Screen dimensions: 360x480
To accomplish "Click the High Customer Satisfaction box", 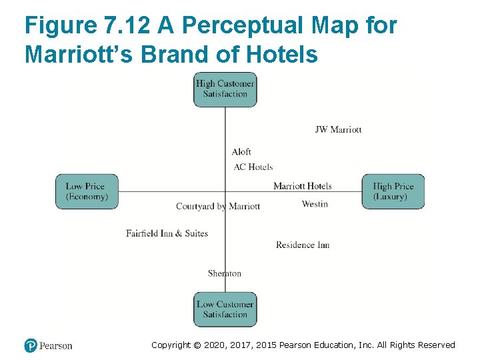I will tap(225, 89).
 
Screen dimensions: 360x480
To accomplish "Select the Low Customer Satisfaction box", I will tap(225, 309).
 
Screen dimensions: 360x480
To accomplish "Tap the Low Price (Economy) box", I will tap(87, 191).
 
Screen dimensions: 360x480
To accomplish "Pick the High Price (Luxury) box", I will tap(393, 191).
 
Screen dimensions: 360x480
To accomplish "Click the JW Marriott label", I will tap(338, 129).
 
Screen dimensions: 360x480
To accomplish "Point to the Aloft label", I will tap(241, 152).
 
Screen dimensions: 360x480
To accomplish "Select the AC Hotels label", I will tap(253, 167).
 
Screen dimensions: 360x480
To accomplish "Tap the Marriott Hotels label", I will tap(302, 186).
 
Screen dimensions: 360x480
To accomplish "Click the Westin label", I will tap(315, 204).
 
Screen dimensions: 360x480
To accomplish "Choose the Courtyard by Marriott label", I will tap(218, 207).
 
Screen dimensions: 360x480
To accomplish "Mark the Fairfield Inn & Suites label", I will tap(167, 233).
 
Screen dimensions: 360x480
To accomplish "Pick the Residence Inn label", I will tap(303, 245).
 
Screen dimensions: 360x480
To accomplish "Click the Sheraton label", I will tap(225, 273).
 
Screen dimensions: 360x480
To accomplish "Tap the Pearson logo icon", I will tap(31, 345).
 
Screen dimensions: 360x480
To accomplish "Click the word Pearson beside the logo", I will tap(56, 345).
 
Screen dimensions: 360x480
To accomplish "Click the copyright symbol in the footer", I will tap(197, 345).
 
